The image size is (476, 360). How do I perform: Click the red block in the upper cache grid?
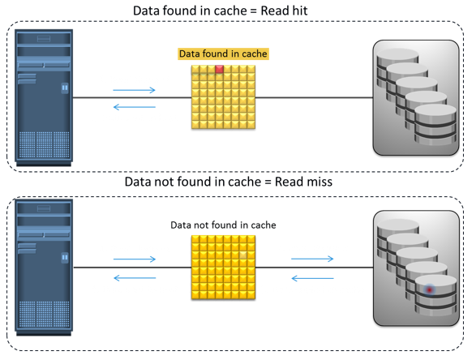pyautogui.click(x=219, y=69)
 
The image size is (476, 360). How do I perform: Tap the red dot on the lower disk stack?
pyautogui.click(x=430, y=290)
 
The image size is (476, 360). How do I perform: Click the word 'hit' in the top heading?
pyautogui.click(x=299, y=11)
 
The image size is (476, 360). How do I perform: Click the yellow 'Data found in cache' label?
pyautogui.click(x=223, y=54)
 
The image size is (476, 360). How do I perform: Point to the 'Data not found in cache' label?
pyautogui.click(x=223, y=225)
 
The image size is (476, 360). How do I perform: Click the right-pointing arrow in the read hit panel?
pyautogui.click(x=134, y=90)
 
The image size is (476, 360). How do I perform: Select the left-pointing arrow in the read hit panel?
pyautogui.click(x=134, y=107)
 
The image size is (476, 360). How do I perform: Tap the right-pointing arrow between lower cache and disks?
pyautogui.click(x=312, y=259)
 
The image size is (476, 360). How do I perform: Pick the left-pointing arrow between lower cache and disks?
pyautogui.click(x=312, y=278)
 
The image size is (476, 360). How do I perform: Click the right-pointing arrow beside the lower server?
pyautogui.click(x=135, y=259)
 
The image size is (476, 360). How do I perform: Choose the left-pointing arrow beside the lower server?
pyautogui.click(x=135, y=278)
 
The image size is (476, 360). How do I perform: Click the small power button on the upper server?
pyautogui.click(x=65, y=88)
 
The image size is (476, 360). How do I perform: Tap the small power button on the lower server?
pyautogui.click(x=65, y=257)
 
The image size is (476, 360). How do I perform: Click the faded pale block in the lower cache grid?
pyautogui.click(x=243, y=255)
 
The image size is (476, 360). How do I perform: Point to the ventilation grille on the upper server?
pyautogui.click(x=44, y=145)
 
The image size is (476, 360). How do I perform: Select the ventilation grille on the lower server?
pyautogui.click(x=44, y=315)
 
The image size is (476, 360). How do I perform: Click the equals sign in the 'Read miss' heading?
pyautogui.click(x=268, y=182)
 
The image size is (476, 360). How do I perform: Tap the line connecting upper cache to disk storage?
pyautogui.click(x=314, y=98)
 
